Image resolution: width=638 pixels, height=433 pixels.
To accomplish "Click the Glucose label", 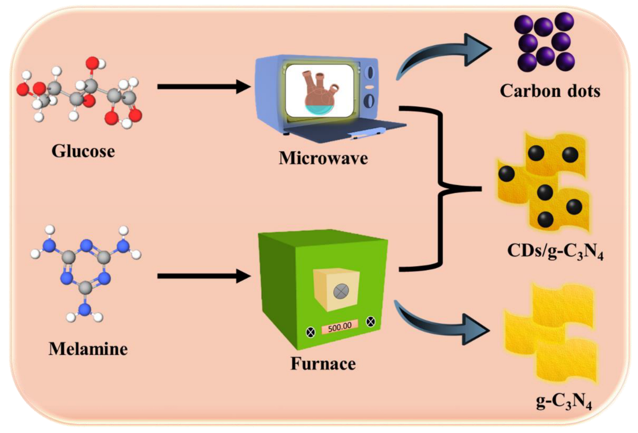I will click(83, 151).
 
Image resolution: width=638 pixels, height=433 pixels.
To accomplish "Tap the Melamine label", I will click(88, 349).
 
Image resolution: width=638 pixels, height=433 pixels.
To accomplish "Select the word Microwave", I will click(323, 158).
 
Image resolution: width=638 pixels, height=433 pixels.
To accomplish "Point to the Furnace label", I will click(323, 364).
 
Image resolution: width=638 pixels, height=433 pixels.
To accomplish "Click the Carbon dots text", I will click(550, 91).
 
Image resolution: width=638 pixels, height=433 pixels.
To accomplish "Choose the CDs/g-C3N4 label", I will click(555, 251).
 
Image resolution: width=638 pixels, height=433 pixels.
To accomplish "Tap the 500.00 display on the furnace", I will click(340, 327).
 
